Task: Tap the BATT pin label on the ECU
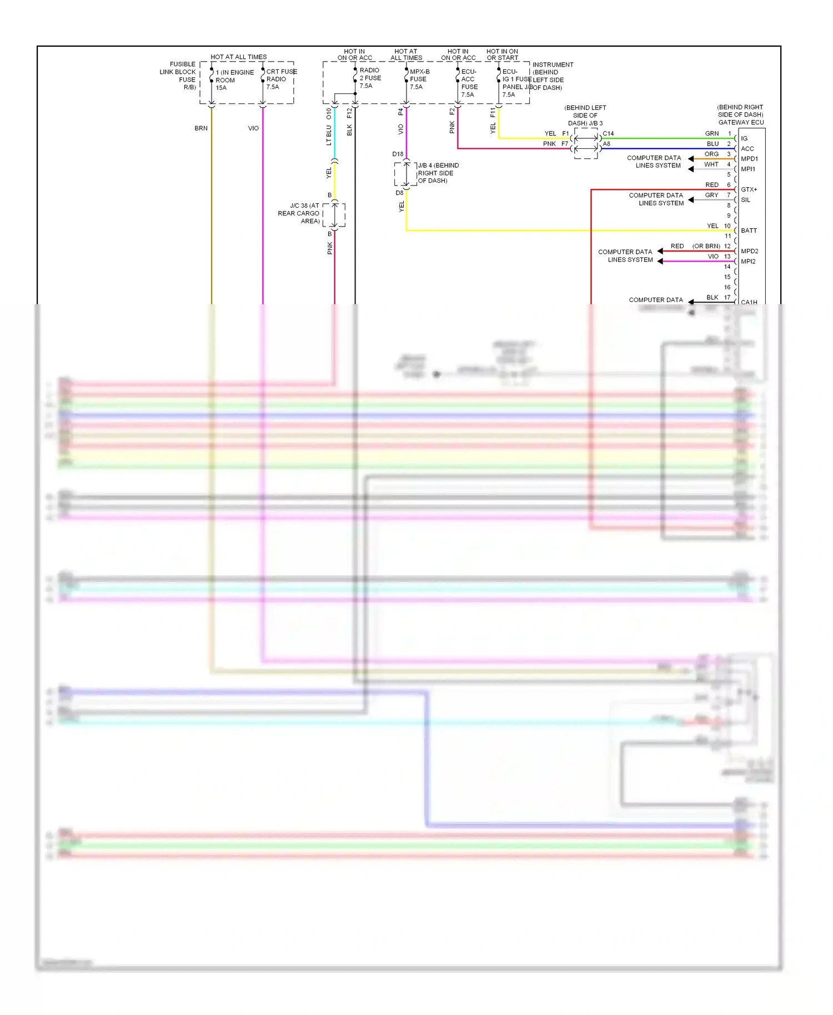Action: tap(749, 230)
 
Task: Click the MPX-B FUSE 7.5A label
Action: tap(419, 79)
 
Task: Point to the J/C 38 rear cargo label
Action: tap(300, 213)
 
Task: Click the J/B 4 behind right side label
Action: tap(438, 173)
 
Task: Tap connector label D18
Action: tap(398, 154)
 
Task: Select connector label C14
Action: tap(608, 134)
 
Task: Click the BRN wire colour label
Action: tap(201, 128)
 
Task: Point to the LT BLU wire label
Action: tap(329, 135)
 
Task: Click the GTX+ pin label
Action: tap(749, 189)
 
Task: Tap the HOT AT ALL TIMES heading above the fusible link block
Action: tap(239, 57)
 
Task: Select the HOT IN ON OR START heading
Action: tap(502, 54)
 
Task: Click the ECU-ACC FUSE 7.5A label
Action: tap(469, 83)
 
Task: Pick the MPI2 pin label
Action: tap(748, 262)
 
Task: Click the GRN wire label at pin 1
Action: tap(711, 134)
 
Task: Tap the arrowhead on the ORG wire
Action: tap(691, 159)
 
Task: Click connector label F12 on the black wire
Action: tap(349, 113)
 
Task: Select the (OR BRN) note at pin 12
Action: tap(706, 246)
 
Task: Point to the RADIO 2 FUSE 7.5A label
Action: tap(370, 78)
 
